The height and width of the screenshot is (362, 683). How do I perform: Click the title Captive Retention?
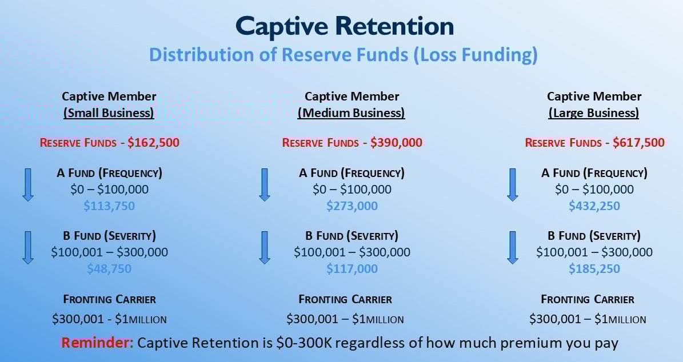345,26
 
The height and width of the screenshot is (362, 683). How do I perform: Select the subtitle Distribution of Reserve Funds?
344,55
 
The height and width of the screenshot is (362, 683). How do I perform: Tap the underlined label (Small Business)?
109,113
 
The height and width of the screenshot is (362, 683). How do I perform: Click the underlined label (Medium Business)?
352,113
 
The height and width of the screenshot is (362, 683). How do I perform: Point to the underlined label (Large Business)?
594,113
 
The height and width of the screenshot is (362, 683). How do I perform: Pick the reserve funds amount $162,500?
153,143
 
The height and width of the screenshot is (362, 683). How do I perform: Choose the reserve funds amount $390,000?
396,143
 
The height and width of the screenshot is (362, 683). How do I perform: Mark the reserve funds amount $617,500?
638,143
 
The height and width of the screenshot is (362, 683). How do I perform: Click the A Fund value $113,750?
109,206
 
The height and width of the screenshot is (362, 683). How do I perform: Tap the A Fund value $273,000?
352,206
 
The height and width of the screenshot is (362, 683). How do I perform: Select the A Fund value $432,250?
594,206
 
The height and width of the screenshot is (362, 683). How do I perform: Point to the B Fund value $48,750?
109,269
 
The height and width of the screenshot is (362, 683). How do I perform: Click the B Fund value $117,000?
352,269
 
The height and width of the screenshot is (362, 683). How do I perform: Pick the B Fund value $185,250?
594,269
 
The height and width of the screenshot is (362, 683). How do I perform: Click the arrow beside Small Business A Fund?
27,184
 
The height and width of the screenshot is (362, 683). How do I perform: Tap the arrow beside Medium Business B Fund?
264,247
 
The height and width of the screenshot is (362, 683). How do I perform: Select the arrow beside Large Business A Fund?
513,184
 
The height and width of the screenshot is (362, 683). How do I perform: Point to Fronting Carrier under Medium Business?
345,299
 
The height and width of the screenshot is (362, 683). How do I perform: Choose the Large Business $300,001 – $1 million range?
588,319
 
